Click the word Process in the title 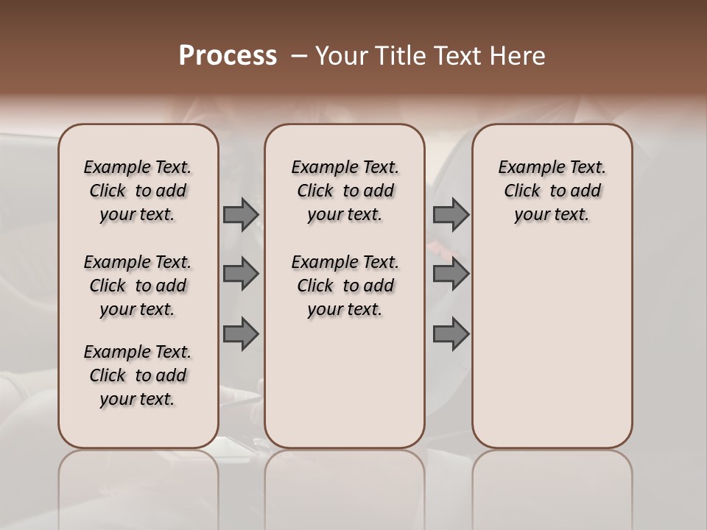tap(228, 55)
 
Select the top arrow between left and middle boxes tap(240, 214)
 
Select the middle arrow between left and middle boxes tap(240, 274)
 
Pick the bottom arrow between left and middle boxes tap(240, 333)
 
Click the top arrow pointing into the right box tap(451, 214)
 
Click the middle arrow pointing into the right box tap(451, 274)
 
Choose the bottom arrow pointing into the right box tap(451, 333)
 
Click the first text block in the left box tap(138, 191)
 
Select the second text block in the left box tap(138, 286)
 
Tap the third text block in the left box tap(138, 375)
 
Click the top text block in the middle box tap(345, 191)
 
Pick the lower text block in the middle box tap(345, 286)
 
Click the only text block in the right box tap(552, 191)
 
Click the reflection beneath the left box tap(138, 486)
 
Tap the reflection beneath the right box tap(552, 486)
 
